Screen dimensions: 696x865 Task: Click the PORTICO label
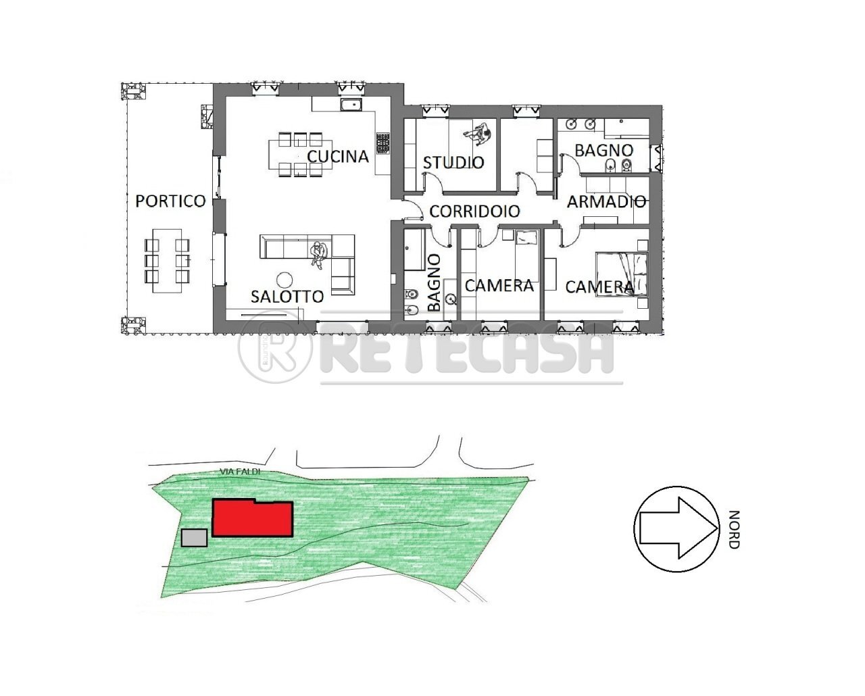170,201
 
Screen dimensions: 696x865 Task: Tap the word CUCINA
338,157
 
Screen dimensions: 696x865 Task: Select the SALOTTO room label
287,296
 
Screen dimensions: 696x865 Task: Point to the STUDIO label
453,163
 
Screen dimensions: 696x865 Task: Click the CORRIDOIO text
474,212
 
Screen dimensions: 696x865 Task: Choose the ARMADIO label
606,201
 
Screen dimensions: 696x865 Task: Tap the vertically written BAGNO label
434,282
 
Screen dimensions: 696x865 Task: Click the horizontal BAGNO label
603,150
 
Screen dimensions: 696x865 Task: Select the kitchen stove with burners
383,142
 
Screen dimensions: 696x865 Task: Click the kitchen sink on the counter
351,105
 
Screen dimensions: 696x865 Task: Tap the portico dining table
166,260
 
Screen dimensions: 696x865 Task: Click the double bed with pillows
622,274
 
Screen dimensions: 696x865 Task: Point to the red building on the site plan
252,518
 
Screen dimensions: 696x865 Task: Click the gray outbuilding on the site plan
195,538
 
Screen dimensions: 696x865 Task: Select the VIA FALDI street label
240,472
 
